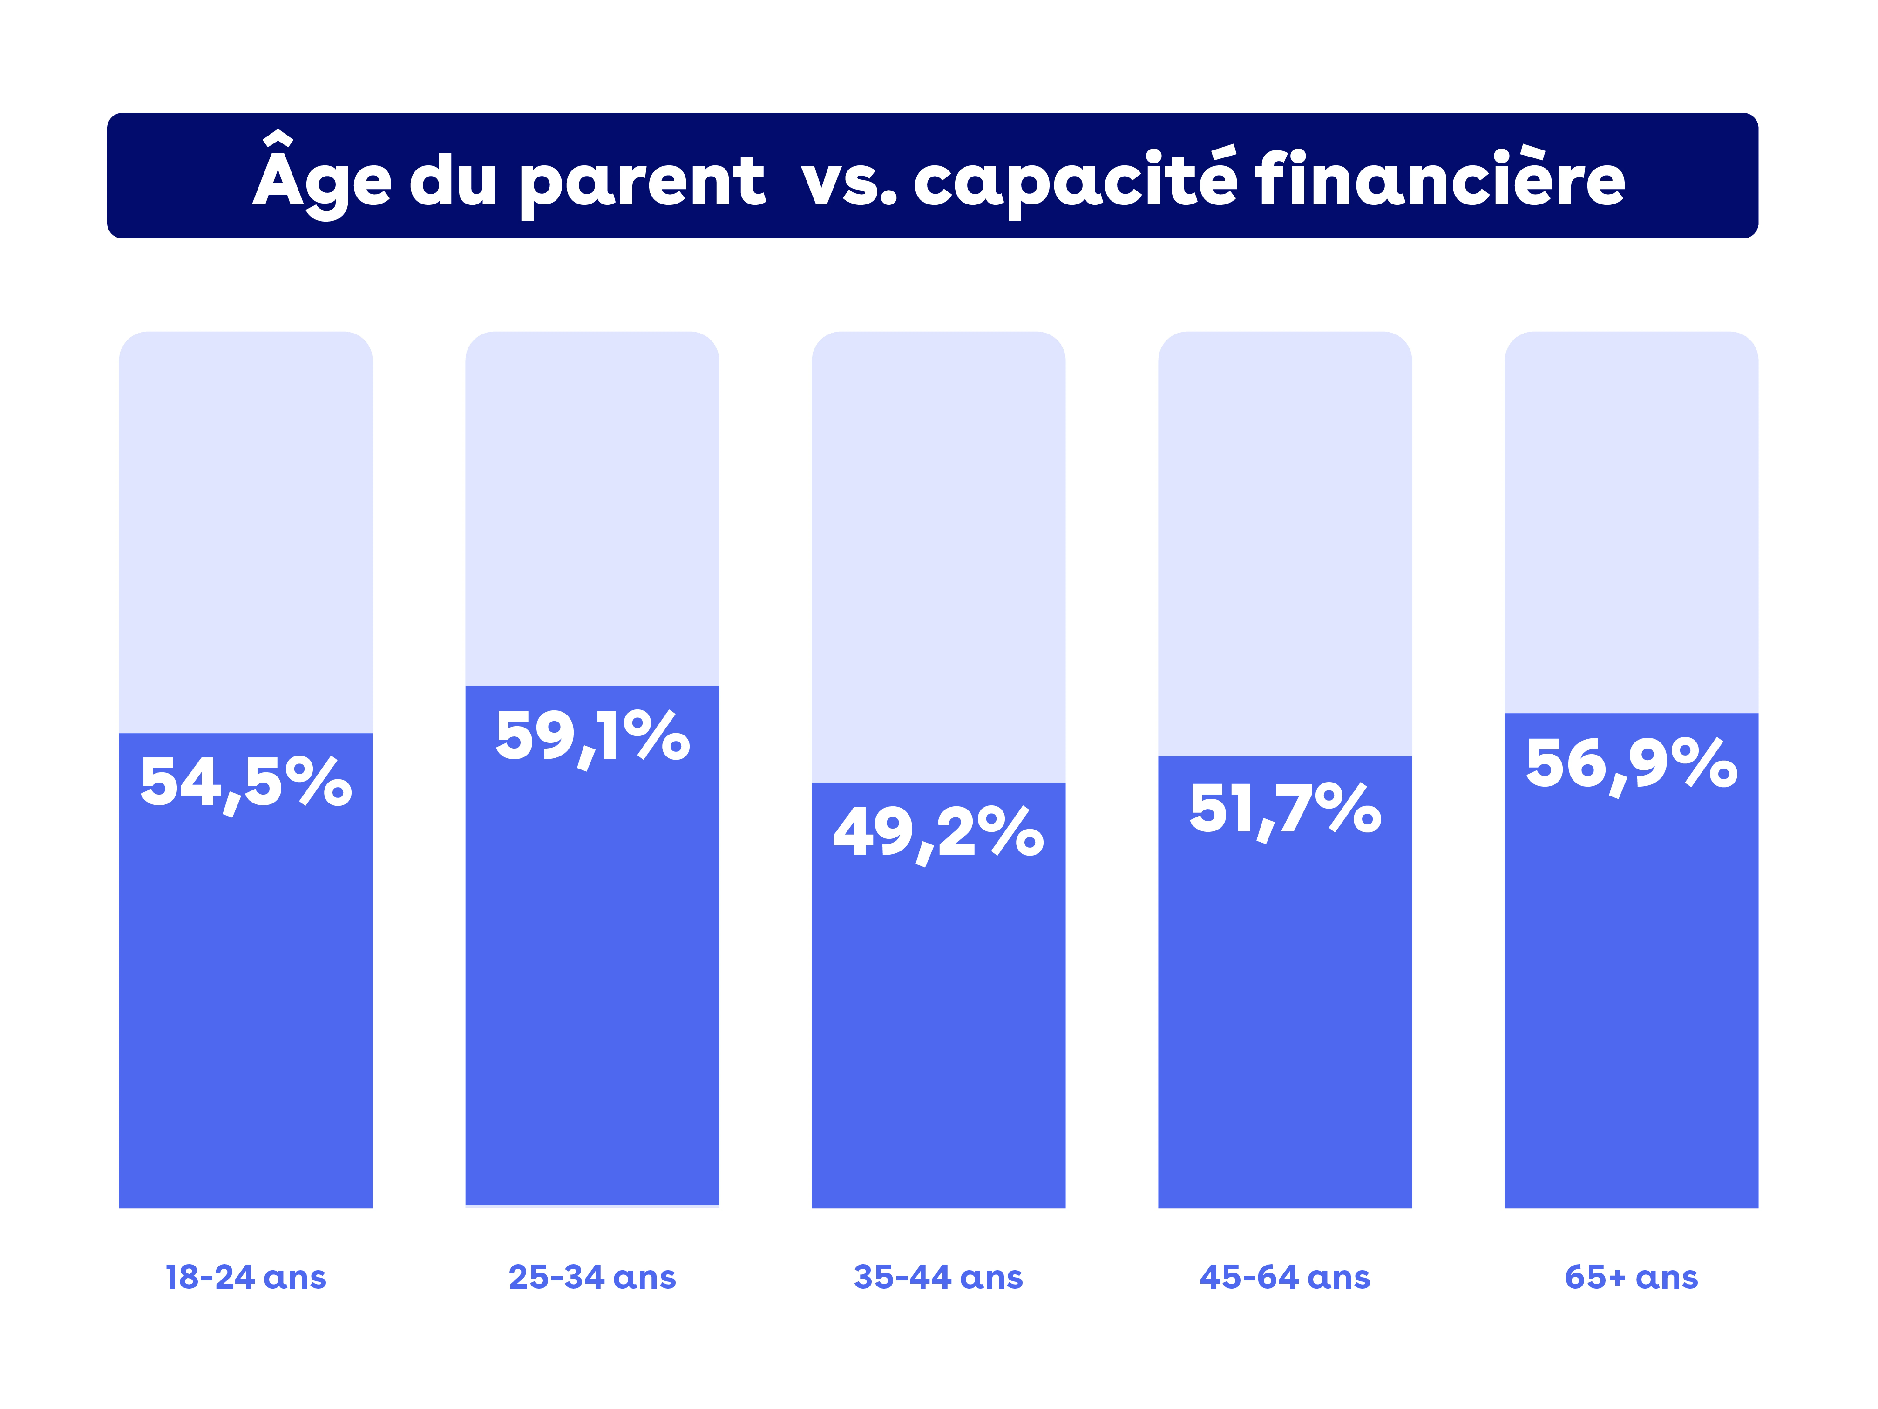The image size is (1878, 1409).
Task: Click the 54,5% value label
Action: click(x=245, y=782)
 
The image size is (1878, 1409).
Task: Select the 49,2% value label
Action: click(x=938, y=832)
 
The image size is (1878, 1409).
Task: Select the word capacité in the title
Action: click(x=1075, y=180)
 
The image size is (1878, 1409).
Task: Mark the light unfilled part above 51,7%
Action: click(x=1285, y=544)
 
